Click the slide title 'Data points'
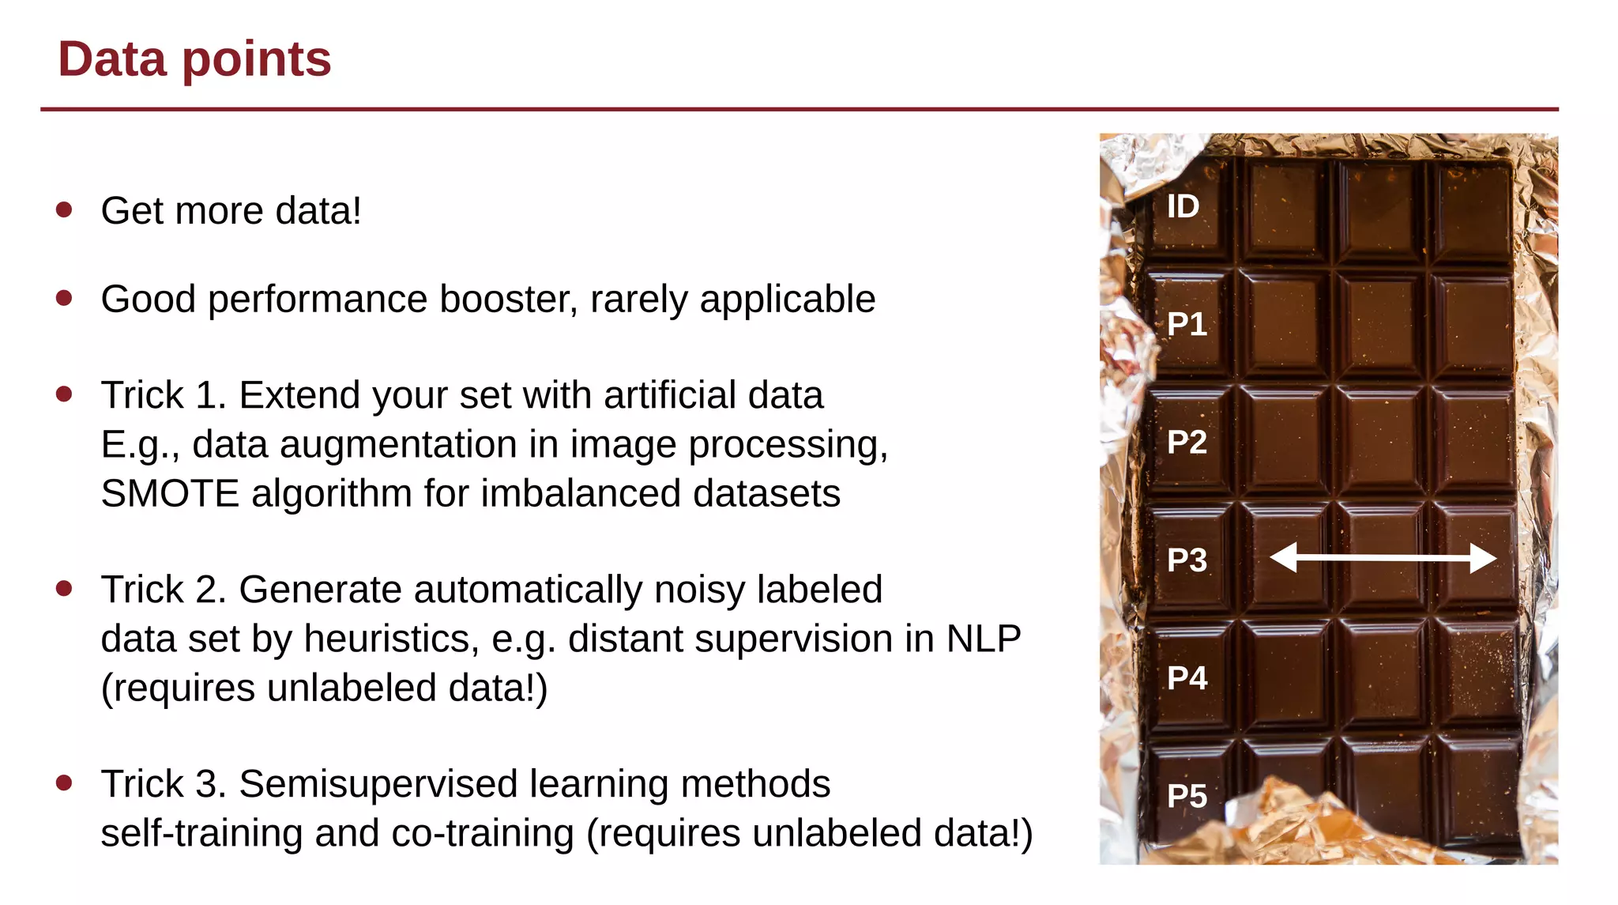(194, 59)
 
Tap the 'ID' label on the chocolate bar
(1183, 207)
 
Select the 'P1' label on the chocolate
(1187, 324)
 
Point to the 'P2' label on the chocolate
(1187, 442)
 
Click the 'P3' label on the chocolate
(1187, 560)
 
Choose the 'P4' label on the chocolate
(1187, 678)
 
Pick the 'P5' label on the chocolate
(1187, 796)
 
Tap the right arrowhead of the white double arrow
(1483, 557)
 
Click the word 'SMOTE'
(170, 494)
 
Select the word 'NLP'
(983, 639)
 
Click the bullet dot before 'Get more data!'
(65, 209)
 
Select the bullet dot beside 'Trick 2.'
(65, 588)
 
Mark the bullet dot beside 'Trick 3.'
(65, 782)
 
